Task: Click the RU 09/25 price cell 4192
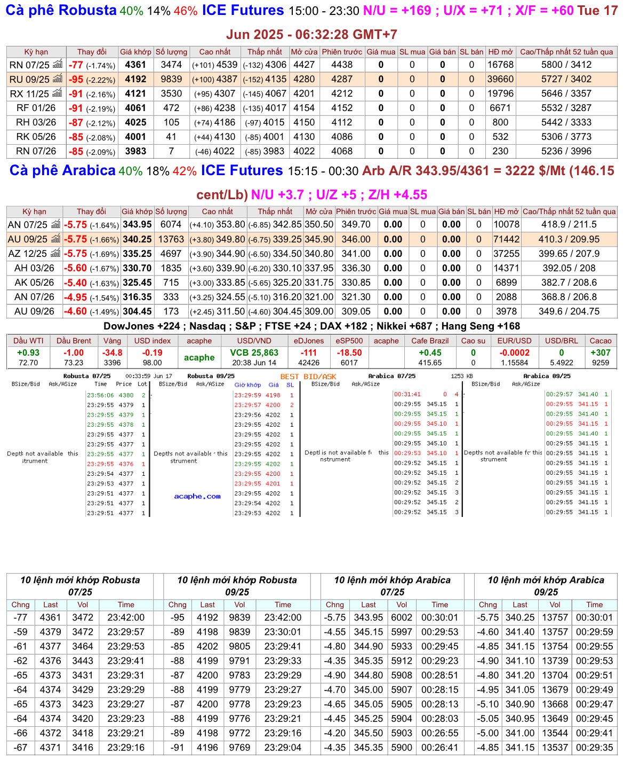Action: pyautogui.click(x=135, y=79)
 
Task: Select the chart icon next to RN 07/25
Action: pyautogui.click(x=57, y=65)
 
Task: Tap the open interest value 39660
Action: pyautogui.click(x=500, y=79)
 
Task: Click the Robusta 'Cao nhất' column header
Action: pyautogui.click(x=215, y=52)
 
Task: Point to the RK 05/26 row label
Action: pyautogui.click(x=36, y=137)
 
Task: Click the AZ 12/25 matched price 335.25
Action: pyautogui.click(x=137, y=254)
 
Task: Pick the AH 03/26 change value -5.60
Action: pyautogui.click(x=75, y=268)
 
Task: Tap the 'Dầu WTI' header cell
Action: pyautogui.click(x=28, y=341)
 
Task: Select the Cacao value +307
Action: pyautogui.click(x=601, y=352)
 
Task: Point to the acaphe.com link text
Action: pyautogui.click(x=197, y=496)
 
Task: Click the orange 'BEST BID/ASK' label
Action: pyautogui.click(x=308, y=376)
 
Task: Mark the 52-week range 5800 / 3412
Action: pyautogui.click(x=566, y=65)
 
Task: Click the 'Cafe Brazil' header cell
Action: pyautogui.click(x=430, y=341)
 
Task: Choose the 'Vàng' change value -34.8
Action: pyautogui.click(x=112, y=352)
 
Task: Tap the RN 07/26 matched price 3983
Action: pyautogui.click(x=135, y=151)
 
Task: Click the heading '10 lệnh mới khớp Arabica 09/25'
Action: pyautogui.click(x=546, y=586)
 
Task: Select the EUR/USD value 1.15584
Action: pyautogui.click(x=515, y=363)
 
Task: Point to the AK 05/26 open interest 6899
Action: pyautogui.click(x=506, y=283)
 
